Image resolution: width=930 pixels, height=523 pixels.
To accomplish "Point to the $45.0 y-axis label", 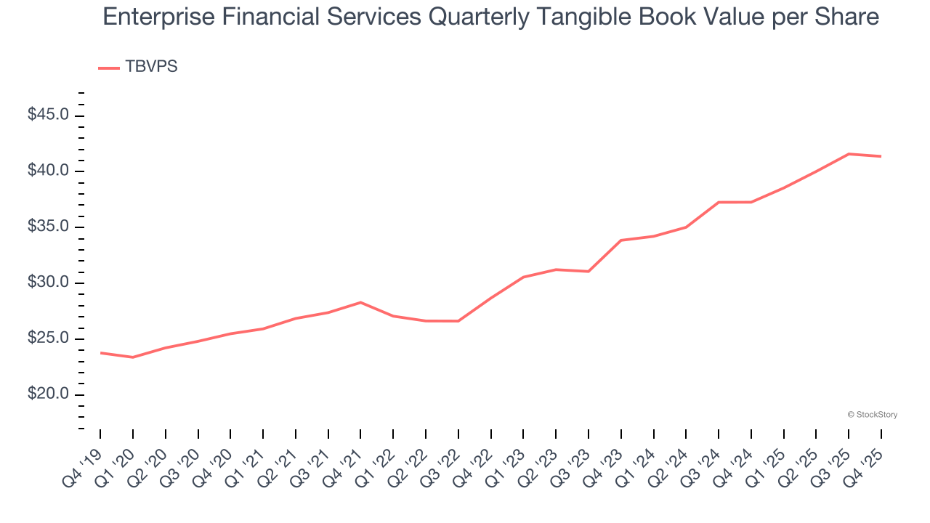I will [x=49, y=115].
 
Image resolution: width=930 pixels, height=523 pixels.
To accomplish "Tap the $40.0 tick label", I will [x=49, y=171].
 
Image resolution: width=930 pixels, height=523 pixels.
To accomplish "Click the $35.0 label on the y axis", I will [x=49, y=227].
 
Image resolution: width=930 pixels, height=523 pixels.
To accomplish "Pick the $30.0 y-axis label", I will [x=49, y=283].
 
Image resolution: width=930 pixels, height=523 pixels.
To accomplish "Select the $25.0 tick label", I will [x=49, y=339].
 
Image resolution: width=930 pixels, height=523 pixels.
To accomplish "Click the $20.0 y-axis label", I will [x=49, y=394].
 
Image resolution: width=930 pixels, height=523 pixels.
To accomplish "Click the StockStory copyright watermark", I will [x=872, y=415].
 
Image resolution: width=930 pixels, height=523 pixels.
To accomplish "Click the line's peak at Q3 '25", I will [x=849, y=154].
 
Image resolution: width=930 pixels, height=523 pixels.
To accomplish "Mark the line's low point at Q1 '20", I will [x=133, y=357].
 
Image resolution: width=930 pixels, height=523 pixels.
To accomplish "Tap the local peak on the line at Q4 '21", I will [x=360, y=302].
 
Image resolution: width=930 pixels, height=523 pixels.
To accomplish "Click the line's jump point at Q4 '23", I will [x=621, y=240].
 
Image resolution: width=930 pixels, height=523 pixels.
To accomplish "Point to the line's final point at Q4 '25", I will [x=881, y=156].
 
